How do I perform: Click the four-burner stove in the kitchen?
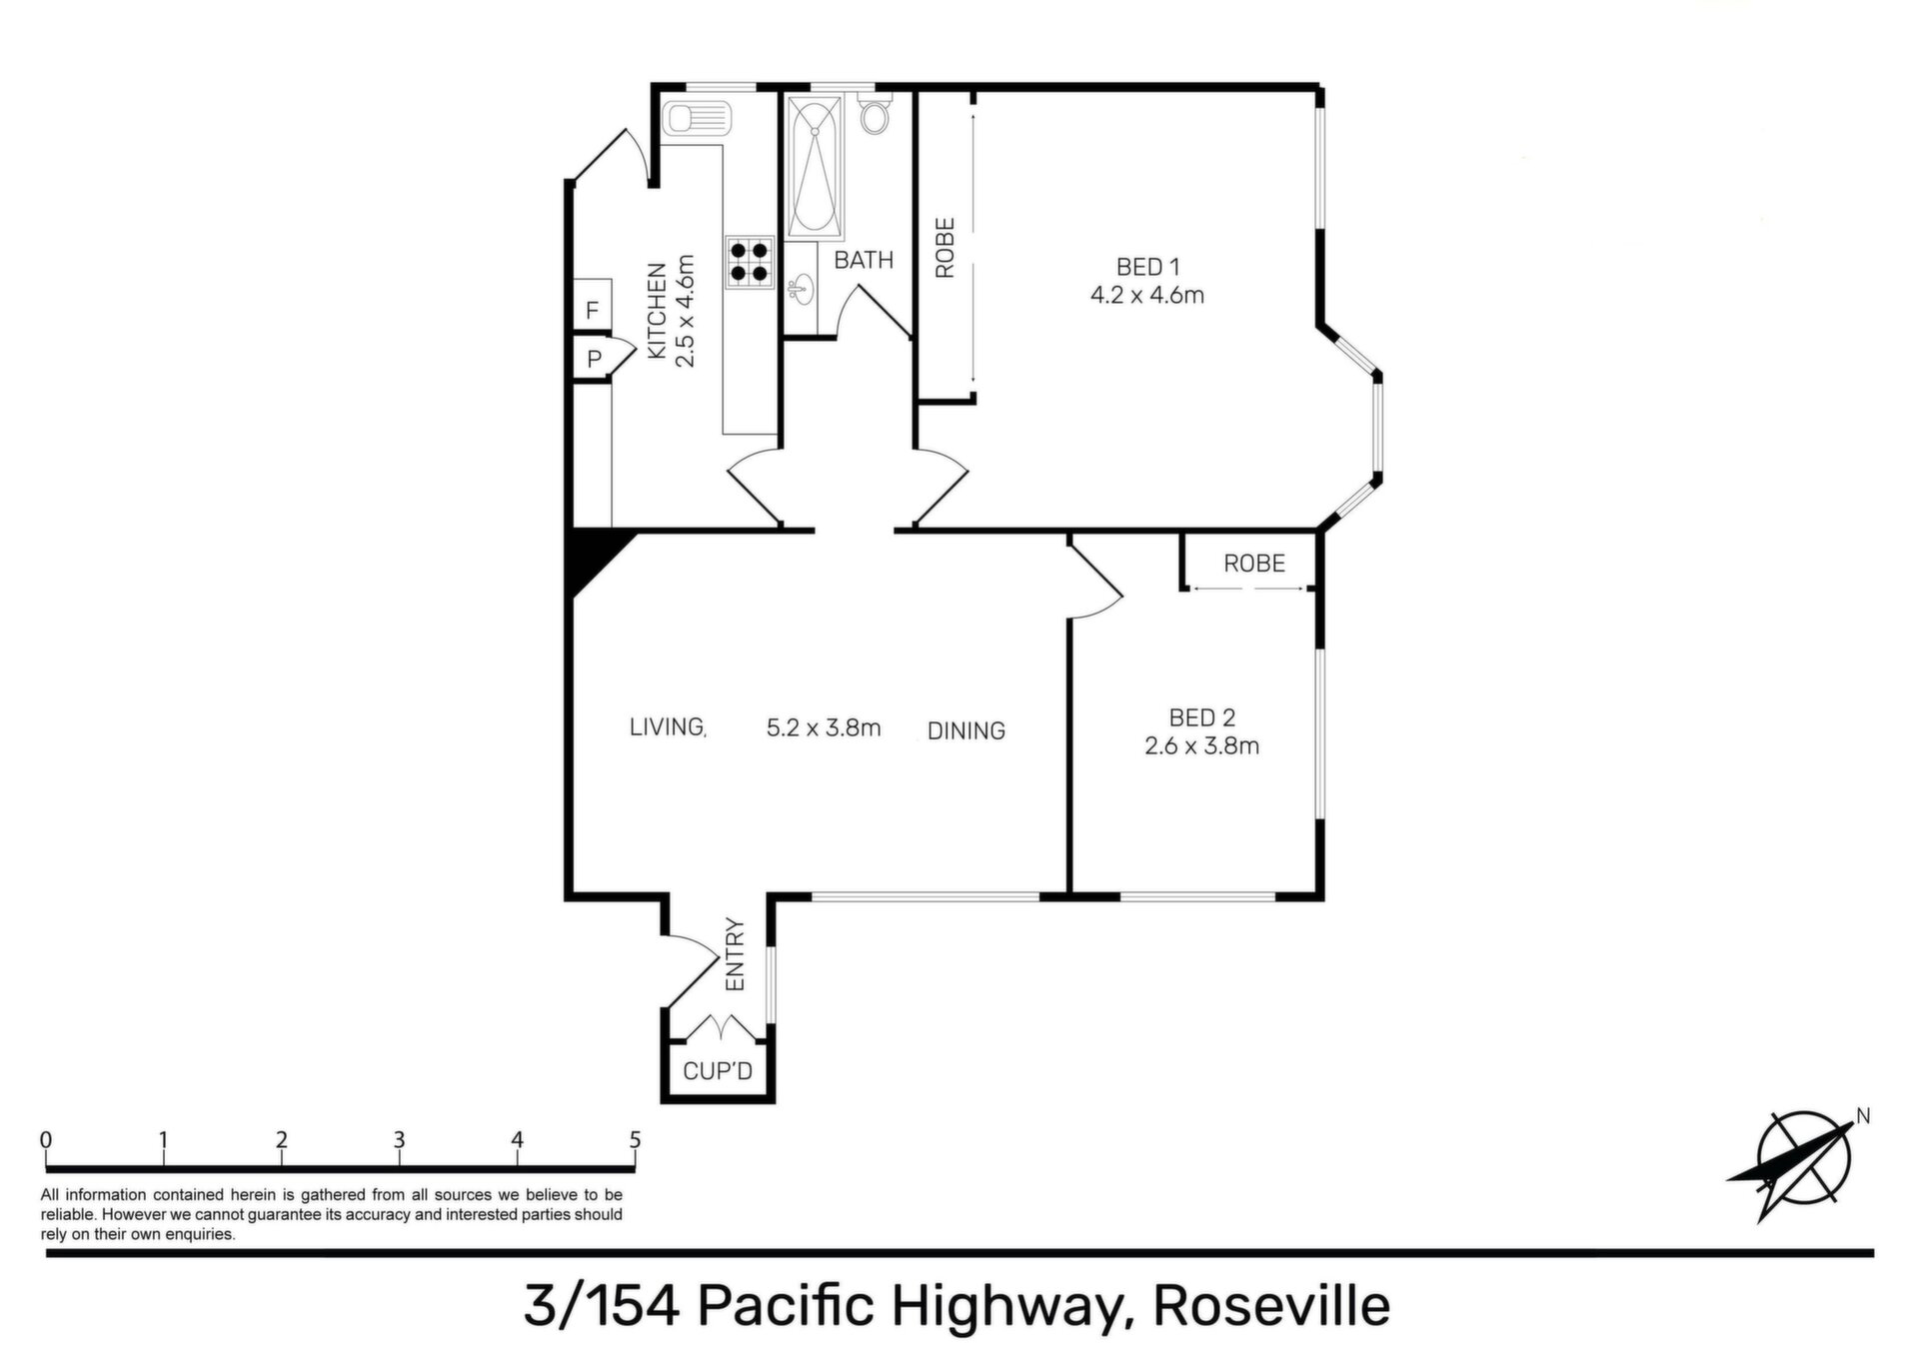[x=750, y=263]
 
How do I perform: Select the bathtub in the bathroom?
[x=815, y=168]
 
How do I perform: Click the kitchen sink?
[x=697, y=121]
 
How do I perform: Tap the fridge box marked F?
[x=592, y=310]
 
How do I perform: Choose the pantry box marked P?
[x=594, y=358]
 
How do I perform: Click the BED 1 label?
[x=1147, y=267]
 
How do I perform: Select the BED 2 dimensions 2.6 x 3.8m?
[x=1201, y=745]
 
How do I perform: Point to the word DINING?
[x=965, y=730]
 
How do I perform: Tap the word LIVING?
[x=668, y=726]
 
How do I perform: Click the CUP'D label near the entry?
[x=718, y=1071]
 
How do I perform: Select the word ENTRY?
[x=736, y=954]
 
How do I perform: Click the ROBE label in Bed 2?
[x=1254, y=564]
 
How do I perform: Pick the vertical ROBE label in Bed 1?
[x=946, y=248]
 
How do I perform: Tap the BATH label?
[x=864, y=260]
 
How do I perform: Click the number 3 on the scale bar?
[x=399, y=1139]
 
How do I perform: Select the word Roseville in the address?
[x=1271, y=1305]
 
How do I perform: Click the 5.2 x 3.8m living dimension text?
[x=824, y=727]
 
